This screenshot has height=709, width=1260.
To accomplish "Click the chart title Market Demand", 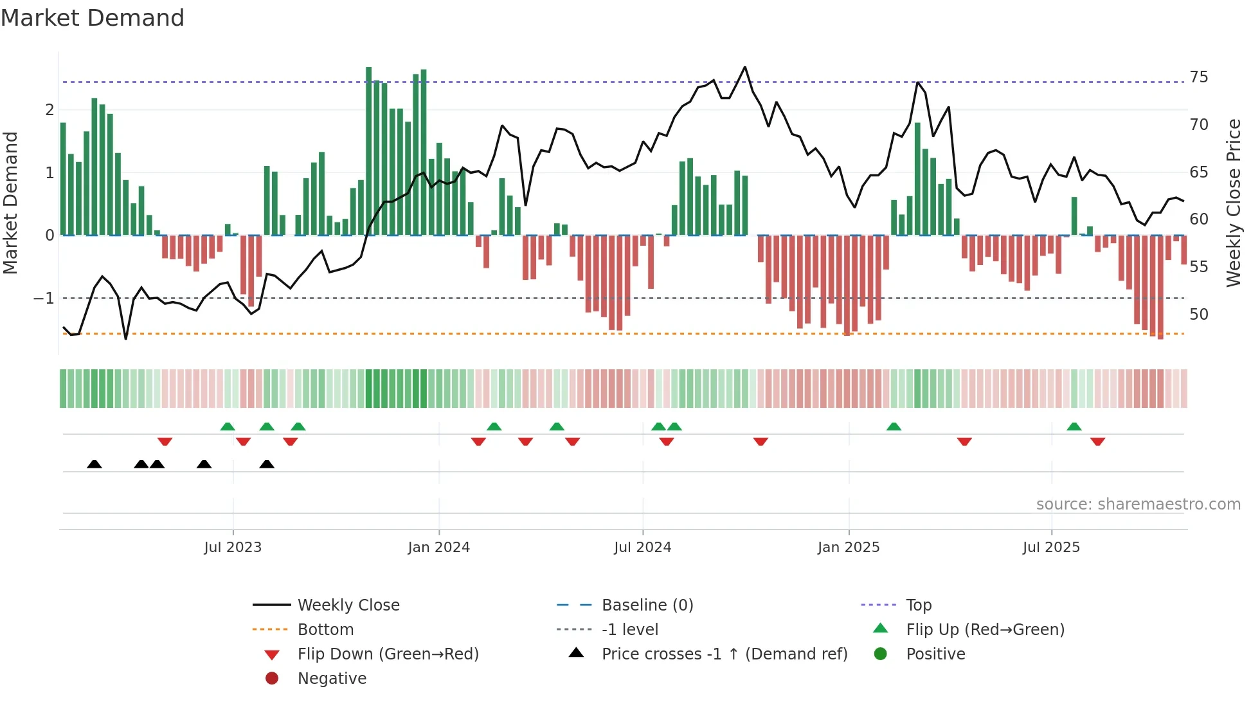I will (x=93, y=18).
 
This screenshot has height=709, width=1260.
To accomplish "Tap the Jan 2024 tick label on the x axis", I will (x=438, y=548).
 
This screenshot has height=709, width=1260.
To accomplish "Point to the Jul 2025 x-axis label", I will (x=1051, y=548).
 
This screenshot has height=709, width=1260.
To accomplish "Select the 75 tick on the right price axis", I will (x=1198, y=77).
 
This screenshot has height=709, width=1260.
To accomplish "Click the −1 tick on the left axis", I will (x=44, y=299).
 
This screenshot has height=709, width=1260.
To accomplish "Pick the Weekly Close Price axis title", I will (x=1233, y=203).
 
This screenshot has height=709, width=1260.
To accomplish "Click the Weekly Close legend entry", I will (x=348, y=605).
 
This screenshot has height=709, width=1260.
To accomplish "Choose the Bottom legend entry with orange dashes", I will (x=325, y=630).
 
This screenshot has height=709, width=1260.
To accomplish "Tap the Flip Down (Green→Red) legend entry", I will (x=388, y=654).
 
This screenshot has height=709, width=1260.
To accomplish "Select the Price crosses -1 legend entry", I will (x=724, y=654).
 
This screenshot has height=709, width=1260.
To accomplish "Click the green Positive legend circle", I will (x=881, y=654).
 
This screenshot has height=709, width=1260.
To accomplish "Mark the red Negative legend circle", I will (x=272, y=679).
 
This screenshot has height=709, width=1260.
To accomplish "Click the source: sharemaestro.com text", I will (x=1138, y=504).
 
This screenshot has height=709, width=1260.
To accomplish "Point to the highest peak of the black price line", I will (x=745, y=67).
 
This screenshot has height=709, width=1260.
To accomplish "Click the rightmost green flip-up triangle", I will (x=1074, y=427).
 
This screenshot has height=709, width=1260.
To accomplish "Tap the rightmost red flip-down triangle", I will (x=1097, y=441).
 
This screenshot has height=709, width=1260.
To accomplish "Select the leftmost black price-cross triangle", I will (x=94, y=464).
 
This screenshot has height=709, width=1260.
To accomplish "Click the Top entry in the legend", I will (x=918, y=605).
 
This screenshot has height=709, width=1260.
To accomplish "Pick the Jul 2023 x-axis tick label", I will (x=233, y=548).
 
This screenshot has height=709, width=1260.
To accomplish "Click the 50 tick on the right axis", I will (x=1198, y=315).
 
